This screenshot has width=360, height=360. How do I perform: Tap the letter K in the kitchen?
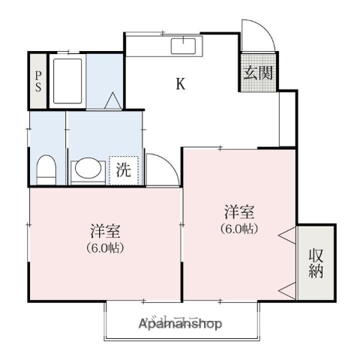[x=181, y=84]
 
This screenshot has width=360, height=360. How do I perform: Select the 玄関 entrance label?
[x=257, y=73]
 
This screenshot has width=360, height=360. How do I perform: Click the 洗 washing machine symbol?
[x=124, y=169]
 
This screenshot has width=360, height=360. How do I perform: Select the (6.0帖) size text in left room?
[x=105, y=247]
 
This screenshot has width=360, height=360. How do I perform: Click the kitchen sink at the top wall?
[x=183, y=46]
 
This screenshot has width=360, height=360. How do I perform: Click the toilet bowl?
[x=46, y=168]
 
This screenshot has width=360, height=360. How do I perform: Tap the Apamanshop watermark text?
[x=180, y=325]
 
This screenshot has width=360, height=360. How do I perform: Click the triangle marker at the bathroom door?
[x=111, y=100]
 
